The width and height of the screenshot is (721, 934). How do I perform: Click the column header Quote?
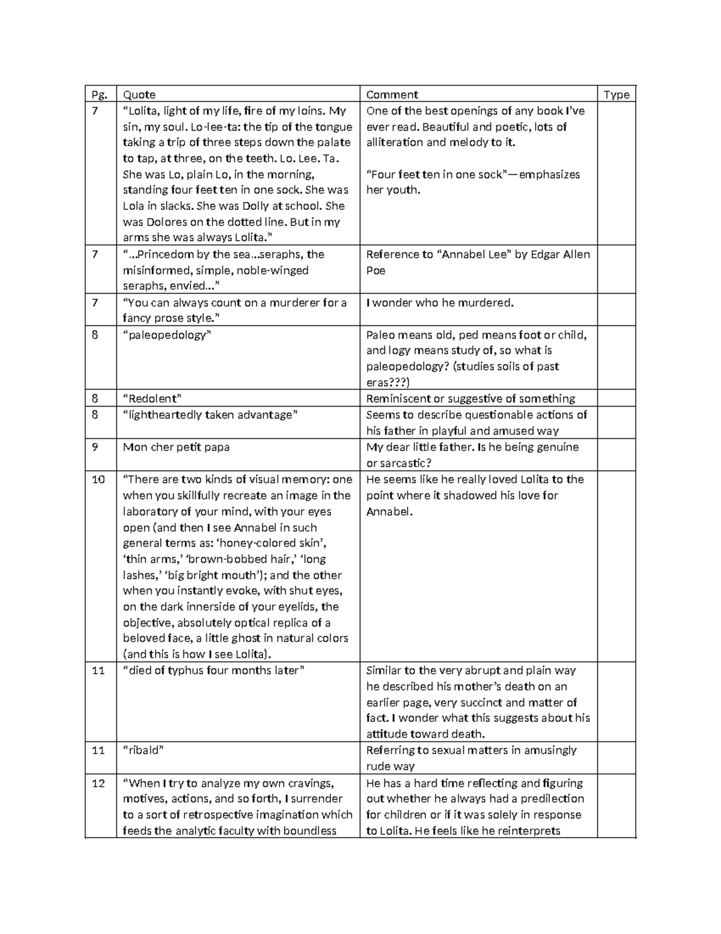[x=139, y=94]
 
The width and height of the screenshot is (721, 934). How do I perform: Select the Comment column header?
[x=392, y=94]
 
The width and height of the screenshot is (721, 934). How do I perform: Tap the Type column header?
[x=616, y=94]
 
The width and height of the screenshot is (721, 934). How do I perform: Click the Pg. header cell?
[x=97, y=94]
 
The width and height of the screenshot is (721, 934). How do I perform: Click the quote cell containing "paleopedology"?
[x=165, y=335]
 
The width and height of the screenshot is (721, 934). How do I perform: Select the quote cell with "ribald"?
[x=143, y=751]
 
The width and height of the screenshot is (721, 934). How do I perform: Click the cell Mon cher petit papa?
[x=176, y=447]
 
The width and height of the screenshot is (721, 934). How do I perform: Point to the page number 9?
[x=94, y=447]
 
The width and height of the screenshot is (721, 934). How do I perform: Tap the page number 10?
[x=98, y=479]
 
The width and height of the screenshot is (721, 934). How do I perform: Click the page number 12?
[x=98, y=783]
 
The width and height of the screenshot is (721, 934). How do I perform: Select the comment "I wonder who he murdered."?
[x=440, y=303]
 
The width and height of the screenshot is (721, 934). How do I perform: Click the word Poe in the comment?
[x=376, y=271]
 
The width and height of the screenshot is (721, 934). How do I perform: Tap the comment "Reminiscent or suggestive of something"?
[x=470, y=399]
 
